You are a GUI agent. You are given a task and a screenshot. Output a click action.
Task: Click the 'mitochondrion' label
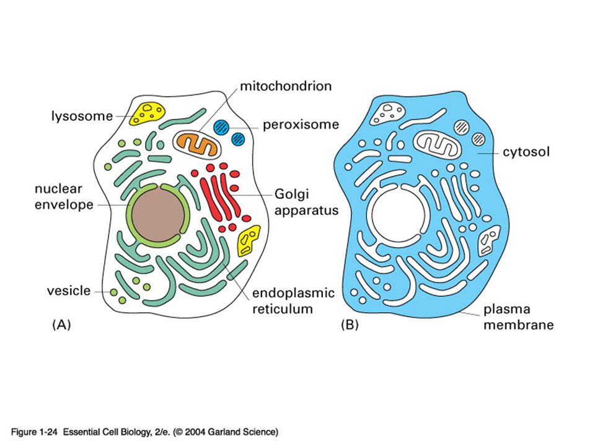click(286, 86)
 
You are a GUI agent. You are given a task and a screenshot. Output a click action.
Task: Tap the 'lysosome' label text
click(82, 116)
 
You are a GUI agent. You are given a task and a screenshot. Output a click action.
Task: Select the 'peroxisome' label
click(301, 125)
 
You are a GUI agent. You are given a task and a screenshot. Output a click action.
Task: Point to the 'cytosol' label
click(526, 152)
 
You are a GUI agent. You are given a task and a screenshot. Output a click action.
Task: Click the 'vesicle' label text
click(69, 291)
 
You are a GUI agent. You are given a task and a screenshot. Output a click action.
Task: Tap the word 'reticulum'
click(283, 308)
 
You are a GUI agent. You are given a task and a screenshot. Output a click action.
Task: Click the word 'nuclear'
click(58, 188)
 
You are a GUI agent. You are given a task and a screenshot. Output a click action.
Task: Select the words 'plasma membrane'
click(518, 317)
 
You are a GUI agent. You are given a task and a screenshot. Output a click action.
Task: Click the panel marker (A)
click(61, 325)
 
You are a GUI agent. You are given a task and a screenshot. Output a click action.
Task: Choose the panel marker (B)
click(350, 325)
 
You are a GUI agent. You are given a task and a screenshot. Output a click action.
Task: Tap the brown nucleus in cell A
click(157, 214)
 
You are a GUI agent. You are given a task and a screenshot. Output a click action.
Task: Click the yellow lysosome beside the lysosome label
click(148, 113)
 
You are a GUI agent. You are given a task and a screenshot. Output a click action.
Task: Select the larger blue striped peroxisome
click(221, 127)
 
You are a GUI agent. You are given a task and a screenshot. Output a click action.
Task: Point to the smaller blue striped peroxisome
click(238, 139)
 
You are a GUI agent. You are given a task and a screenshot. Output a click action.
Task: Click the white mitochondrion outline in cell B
click(437, 144)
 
